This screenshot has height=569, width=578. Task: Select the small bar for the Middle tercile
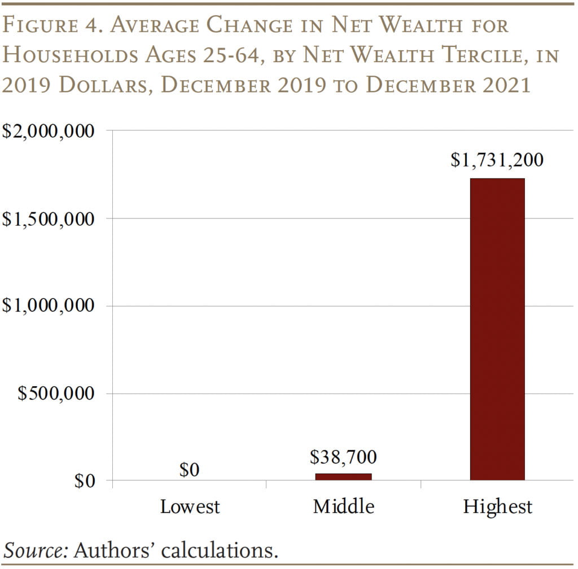click(343, 476)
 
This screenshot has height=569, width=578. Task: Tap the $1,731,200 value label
click(497, 160)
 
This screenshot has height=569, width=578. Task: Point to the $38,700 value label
click(343, 456)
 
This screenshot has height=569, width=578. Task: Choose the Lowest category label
click(190, 506)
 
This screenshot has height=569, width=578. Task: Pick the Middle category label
click(343, 506)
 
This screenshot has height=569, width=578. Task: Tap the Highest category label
click(497, 506)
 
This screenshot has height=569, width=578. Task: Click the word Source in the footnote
click(35, 549)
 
